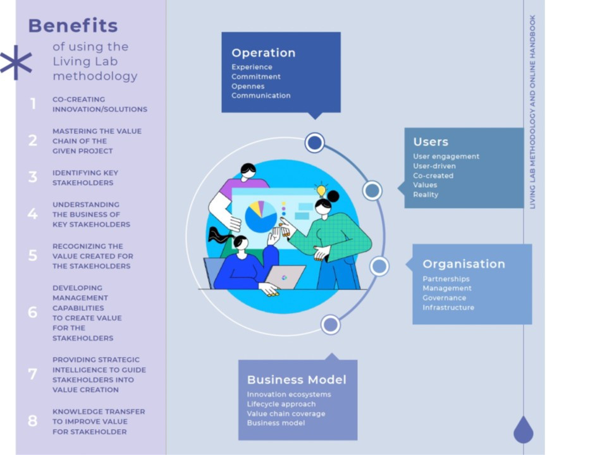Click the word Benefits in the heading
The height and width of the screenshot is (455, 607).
click(x=73, y=26)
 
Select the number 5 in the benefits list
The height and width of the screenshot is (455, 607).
click(x=33, y=256)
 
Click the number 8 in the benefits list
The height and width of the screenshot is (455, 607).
click(x=33, y=421)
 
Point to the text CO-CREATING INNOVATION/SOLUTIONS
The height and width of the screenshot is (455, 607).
click(x=99, y=104)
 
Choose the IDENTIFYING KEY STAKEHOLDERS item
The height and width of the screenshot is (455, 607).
click(x=85, y=178)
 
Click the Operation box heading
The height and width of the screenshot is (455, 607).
click(x=263, y=53)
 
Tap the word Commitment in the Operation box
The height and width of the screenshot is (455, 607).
click(x=255, y=76)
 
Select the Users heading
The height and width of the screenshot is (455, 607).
click(x=431, y=142)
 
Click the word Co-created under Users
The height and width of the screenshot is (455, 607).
click(x=433, y=176)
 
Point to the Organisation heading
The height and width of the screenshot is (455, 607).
click(x=463, y=264)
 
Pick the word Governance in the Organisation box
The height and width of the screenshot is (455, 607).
click(x=444, y=298)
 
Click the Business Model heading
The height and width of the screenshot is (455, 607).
click(x=297, y=380)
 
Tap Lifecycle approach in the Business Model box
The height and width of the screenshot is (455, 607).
click(x=281, y=404)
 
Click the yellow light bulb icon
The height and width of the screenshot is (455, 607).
click(x=321, y=189)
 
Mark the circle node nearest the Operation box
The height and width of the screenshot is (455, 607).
click(x=314, y=143)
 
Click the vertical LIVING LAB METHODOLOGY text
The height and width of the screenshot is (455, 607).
click(x=532, y=111)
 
